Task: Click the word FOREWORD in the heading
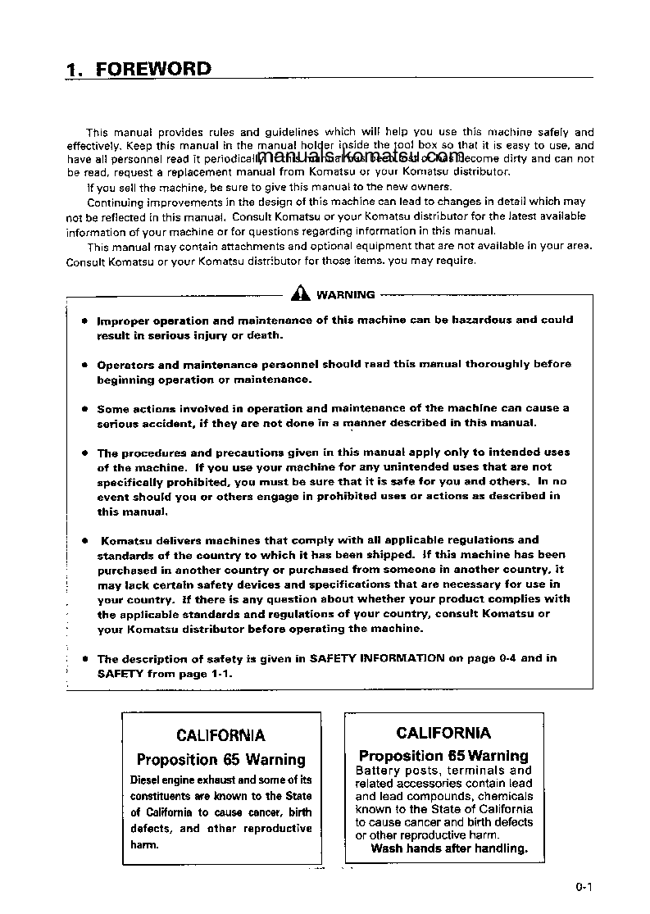click(x=153, y=69)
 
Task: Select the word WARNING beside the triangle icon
click(x=345, y=295)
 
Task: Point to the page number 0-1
click(x=584, y=886)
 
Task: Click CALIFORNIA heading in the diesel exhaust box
click(x=220, y=735)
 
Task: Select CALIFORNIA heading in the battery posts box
click(x=443, y=732)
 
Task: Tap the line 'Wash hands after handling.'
click(x=449, y=848)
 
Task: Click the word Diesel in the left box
click(x=148, y=780)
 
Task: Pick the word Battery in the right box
click(x=378, y=771)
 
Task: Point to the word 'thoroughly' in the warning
click(x=520, y=364)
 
